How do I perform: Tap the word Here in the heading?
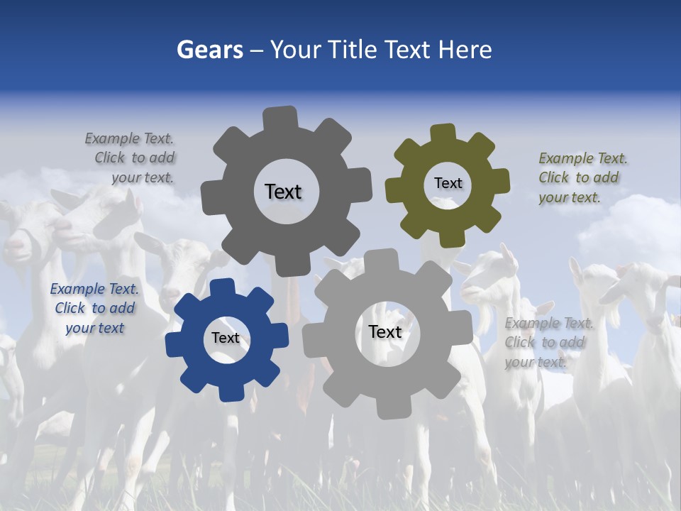[465, 50]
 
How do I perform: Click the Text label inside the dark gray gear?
[283, 192]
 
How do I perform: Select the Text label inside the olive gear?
[448, 183]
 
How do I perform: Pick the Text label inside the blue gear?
[226, 339]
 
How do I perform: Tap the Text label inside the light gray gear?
[385, 331]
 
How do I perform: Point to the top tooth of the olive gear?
[443, 133]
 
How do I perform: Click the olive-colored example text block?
[579, 177]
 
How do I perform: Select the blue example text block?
[94, 308]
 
